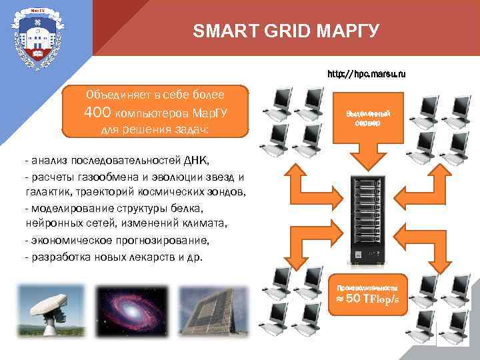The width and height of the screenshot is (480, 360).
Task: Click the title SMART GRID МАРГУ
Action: coord(286,31)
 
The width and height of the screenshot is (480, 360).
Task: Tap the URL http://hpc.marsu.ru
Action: coord(366,72)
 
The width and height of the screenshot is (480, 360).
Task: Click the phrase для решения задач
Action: coord(155,130)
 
